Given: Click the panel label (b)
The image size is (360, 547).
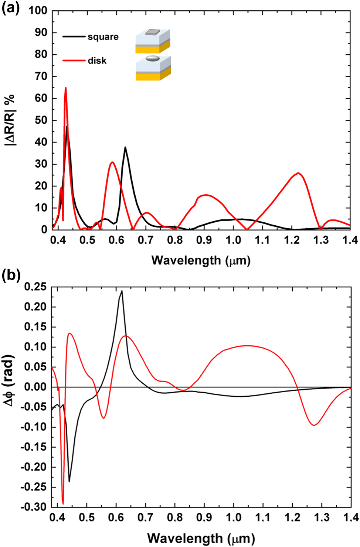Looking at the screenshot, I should pyautogui.click(x=10, y=275).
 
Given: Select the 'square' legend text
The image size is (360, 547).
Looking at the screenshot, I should pyautogui.click(x=103, y=37).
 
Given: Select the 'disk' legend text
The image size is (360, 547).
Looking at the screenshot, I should pyautogui.click(x=97, y=61).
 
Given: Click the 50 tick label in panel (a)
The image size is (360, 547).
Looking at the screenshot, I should pyautogui.click(x=41, y=120).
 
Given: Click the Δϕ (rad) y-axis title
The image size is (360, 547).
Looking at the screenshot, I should pyautogui.click(x=10, y=380).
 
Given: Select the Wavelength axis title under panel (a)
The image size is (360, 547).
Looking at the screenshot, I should pyautogui.click(x=201, y=260).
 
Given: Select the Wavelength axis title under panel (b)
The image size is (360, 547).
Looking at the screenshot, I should pyautogui.click(x=201, y=538).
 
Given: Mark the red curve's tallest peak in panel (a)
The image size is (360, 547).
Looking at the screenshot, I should pyautogui.click(x=66, y=88).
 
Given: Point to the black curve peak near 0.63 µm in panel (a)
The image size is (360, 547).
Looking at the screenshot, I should pyautogui.click(x=125, y=147).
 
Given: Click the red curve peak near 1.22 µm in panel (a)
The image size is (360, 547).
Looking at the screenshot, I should pyautogui.click(x=298, y=173).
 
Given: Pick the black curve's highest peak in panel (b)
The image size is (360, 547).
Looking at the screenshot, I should pyautogui.click(x=122, y=291).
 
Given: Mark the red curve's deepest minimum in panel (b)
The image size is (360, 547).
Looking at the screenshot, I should pyautogui.click(x=63, y=503).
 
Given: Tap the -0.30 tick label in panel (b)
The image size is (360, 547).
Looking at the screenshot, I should pyautogui.click(x=34, y=507).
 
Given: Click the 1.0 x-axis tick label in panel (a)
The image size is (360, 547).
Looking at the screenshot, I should pyautogui.click(x=233, y=240).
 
